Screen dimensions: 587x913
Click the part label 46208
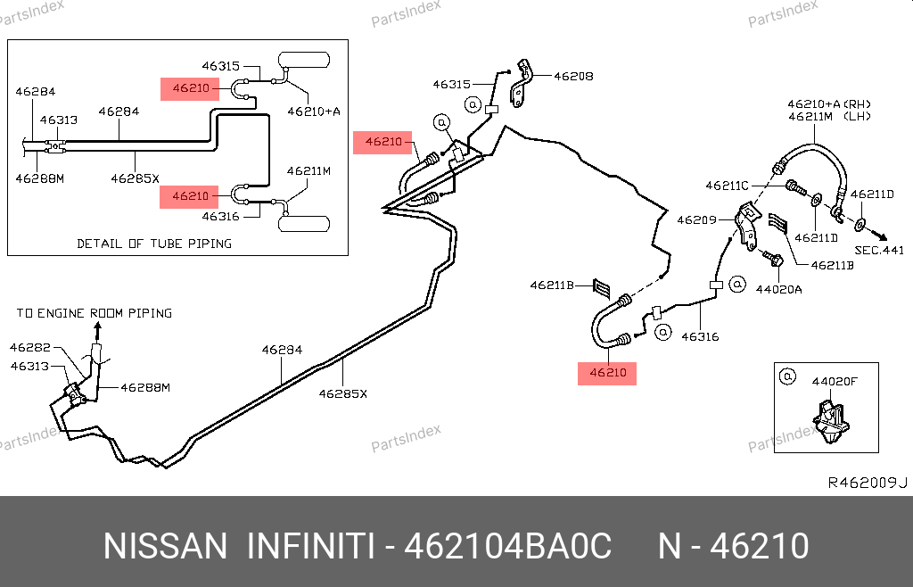coord(573,77)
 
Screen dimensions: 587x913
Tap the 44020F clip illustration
coord(829,422)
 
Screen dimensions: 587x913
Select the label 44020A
coord(778,289)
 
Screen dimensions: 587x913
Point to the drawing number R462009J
coord(868,483)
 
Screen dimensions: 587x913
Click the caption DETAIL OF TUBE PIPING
coord(154,243)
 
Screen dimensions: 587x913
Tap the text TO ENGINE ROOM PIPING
coord(95,313)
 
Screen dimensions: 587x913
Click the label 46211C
coord(727,186)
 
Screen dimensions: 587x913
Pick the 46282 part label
coord(30,347)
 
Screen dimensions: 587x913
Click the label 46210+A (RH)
coord(828,103)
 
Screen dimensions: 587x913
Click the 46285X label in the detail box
coord(135,178)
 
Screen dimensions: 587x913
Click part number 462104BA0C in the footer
coord(508,546)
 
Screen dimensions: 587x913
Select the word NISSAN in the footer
coord(165,546)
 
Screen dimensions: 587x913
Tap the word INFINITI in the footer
coord(309,546)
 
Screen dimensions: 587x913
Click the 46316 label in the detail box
coord(220,216)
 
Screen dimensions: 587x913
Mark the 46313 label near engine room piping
coord(30,366)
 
